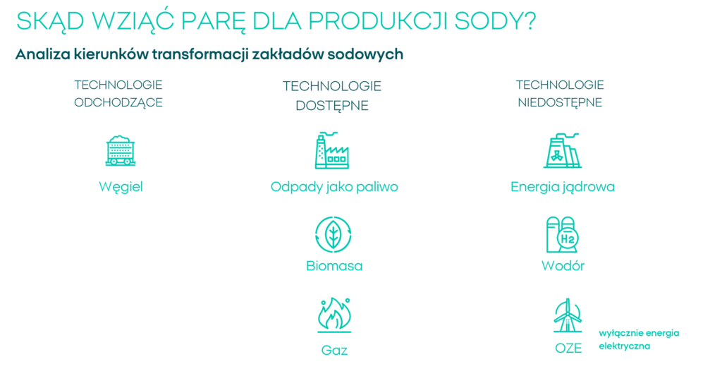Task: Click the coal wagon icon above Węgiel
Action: pyautogui.click(x=121, y=150)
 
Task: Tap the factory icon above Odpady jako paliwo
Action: pyautogui.click(x=332, y=150)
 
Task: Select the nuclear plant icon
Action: pyautogui.click(x=562, y=150)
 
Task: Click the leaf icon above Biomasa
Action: pyautogui.click(x=333, y=234)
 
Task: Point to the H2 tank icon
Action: pyautogui.click(x=562, y=234)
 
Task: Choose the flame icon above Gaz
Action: pyautogui.click(x=334, y=315)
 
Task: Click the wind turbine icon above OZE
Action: pyautogui.click(x=568, y=315)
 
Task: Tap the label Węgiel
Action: pyautogui.click(x=121, y=187)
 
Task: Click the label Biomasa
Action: pyautogui.click(x=334, y=266)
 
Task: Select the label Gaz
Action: pyautogui.click(x=334, y=350)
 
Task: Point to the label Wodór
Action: pyautogui.click(x=563, y=266)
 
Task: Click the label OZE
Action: pyautogui.click(x=568, y=349)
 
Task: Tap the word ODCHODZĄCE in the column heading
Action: pyautogui.click(x=118, y=102)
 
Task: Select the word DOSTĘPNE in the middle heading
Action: pyautogui.click(x=332, y=106)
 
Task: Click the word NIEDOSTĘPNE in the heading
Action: pyautogui.click(x=560, y=102)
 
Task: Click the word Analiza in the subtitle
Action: pyautogui.click(x=43, y=54)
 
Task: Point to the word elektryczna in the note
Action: pyautogui.click(x=625, y=346)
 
